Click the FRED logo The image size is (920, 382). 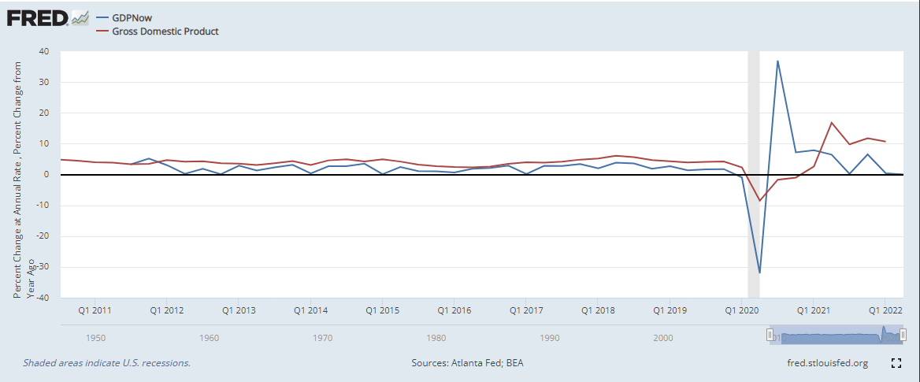(x=38, y=17)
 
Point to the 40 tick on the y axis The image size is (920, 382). (x=43, y=51)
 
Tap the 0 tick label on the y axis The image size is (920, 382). (x=46, y=175)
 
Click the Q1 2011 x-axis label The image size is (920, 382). (x=95, y=310)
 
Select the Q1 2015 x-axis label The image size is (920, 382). (x=382, y=310)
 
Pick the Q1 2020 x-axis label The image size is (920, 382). (x=741, y=310)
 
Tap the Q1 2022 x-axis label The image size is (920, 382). (x=885, y=310)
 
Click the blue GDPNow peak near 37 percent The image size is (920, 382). (x=777, y=61)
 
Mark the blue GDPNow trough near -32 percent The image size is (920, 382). (x=759, y=273)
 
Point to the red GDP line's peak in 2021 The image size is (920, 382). (x=832, y=123)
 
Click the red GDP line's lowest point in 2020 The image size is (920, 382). (x=760, y=200)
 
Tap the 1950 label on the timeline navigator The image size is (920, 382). (x=96, y=338)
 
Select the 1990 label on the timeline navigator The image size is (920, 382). (x=550, y=338)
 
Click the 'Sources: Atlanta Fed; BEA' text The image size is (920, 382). (x=467, y=363)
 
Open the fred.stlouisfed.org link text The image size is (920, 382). (x=827, y=363)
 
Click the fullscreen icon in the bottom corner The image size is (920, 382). (x=896, y=363)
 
